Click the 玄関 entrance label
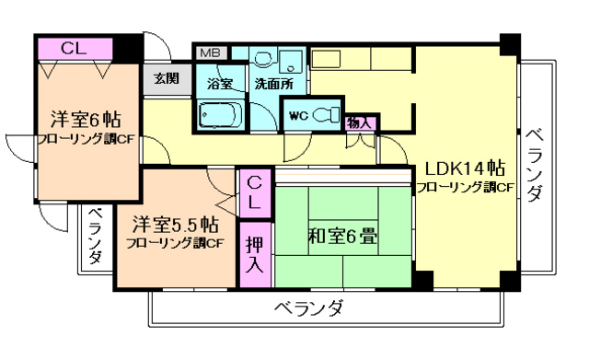(x=167, y=77)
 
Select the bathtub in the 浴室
(x=219, y=115)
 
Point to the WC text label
(x=297, y=116)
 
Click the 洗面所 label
(x=274, y=82)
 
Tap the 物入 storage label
(x=359, y=122)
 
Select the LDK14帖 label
(x=464, y=168)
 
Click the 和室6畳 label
(x=341, y=236)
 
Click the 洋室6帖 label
(x=86, y=120)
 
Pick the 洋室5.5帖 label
(x=174, y=224)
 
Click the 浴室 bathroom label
(x=219, y=82)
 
